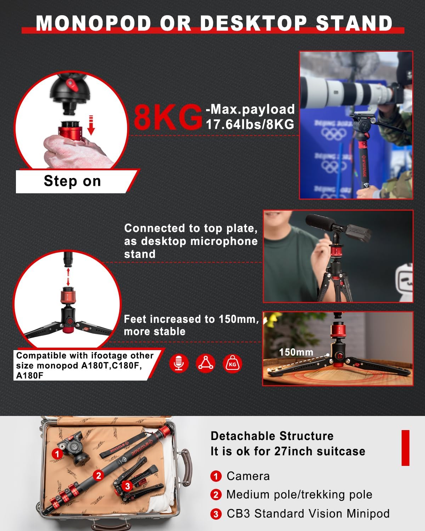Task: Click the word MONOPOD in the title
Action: point(94,23)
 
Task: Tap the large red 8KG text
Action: point(167,117)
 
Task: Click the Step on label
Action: point(73,181)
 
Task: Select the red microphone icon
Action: point(179,363)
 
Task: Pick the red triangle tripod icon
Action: point(205,363)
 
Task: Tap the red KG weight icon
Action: point(232,363)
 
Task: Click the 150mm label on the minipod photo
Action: point(296,352)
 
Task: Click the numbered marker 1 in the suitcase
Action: point(57,453)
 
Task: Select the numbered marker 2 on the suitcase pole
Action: point(99,475)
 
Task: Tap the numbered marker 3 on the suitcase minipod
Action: point(127,486)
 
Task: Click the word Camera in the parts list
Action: point(248,476)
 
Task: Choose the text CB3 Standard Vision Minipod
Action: point(308,514)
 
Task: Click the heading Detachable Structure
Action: point(272,436)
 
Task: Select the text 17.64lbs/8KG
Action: point(250,125)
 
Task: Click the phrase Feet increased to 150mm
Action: point(191,319)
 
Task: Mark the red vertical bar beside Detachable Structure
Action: point(405,448)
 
